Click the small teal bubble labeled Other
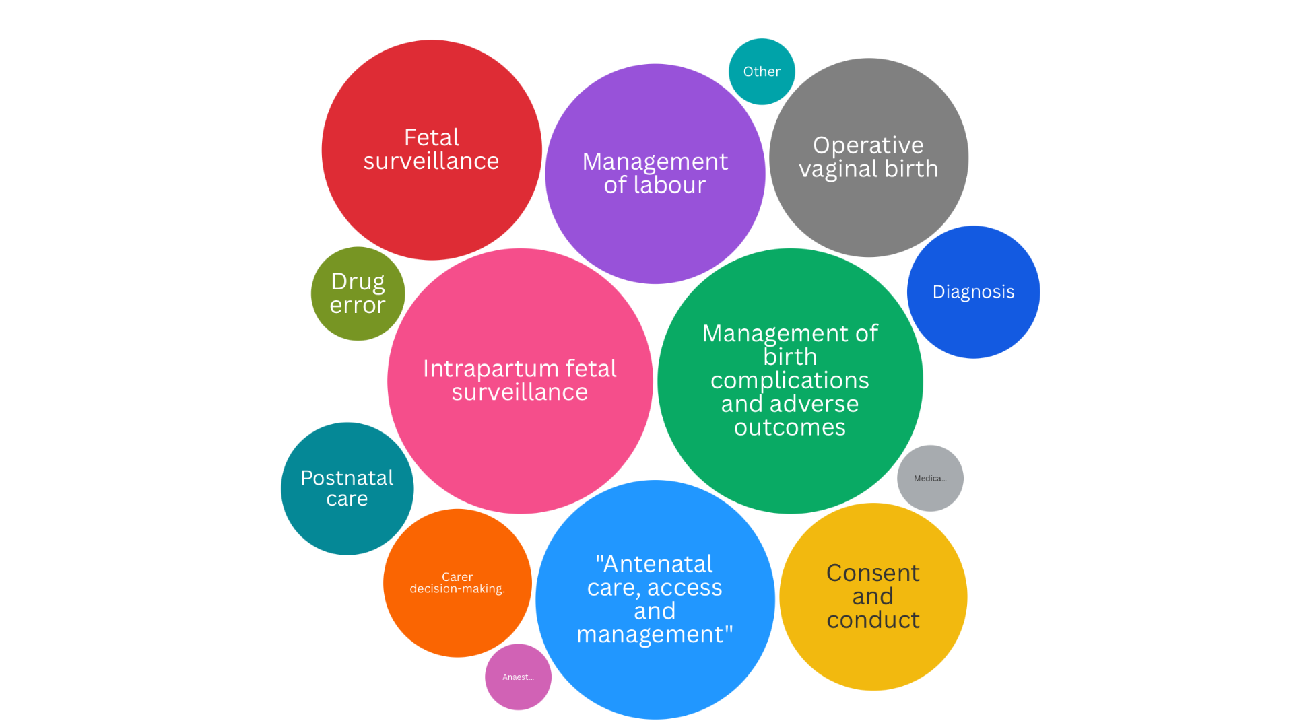coord(762,71)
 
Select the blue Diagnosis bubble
coord(973,291)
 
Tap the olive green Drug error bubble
coord(358,293)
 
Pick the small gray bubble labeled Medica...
coord(930,478)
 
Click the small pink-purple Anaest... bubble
coord(518,677)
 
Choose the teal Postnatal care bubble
coord(347,488)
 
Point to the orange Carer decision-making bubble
coord(457,583)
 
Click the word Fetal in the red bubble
coord(432,137)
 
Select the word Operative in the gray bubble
coord(868,145)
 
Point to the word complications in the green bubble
coord(789,381)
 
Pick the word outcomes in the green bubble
coord(789,427)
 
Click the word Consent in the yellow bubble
coord(873,573)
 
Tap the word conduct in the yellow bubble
coord(873,620)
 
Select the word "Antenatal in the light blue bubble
coord(654,564)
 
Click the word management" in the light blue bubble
coord(654,635)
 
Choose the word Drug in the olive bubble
coord(358,281)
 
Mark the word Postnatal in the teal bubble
coord(347,478)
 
